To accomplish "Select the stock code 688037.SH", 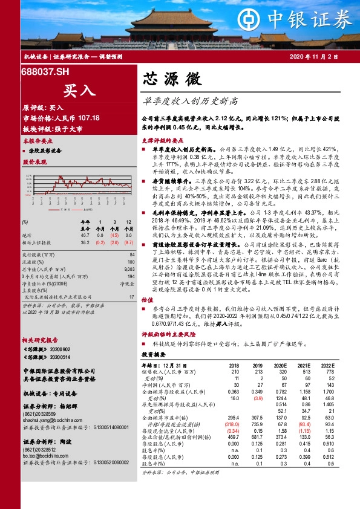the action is [44, 72].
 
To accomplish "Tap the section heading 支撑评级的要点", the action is [162, 140].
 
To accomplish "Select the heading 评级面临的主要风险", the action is [166, 350].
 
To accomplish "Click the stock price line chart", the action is [78, 183].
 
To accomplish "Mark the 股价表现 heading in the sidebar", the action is [35, 163].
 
